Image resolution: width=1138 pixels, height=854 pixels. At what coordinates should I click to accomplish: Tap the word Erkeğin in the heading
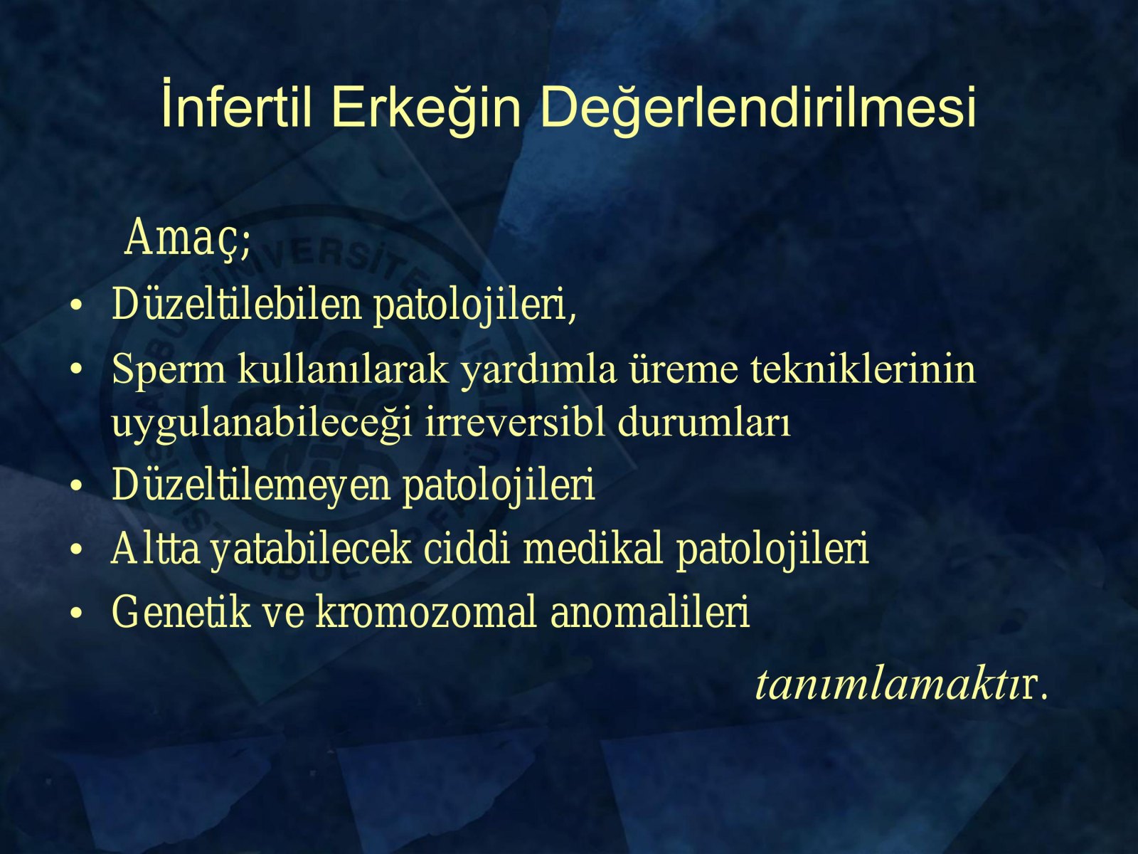click(426, 108)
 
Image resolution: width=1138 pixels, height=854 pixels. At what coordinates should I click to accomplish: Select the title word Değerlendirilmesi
click(758, 108)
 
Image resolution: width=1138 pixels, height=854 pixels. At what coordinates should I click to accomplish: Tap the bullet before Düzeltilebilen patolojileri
click(76, 305)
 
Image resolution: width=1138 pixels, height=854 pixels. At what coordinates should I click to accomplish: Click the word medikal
click(593, 548)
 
